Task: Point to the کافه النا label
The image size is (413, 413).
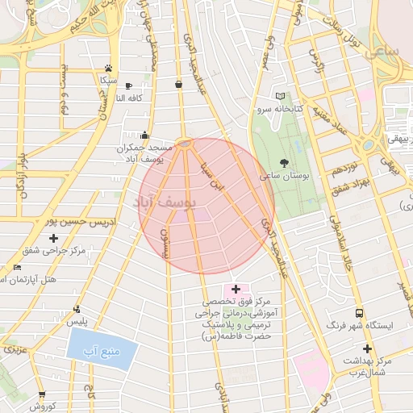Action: [129, 98]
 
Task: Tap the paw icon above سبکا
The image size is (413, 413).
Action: [108, 68]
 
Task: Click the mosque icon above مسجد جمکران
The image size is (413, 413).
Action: [144, 135]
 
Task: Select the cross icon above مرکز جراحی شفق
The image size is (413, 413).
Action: [54, 238]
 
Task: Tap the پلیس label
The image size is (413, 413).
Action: [76, 322]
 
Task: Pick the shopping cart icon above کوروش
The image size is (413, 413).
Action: [42, 395]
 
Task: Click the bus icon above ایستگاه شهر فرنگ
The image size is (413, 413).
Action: [358, 313]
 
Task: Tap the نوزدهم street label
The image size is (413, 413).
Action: [346, 170]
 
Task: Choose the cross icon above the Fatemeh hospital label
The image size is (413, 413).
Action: [236, 288]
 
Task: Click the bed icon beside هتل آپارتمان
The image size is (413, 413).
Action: [19, 267]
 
